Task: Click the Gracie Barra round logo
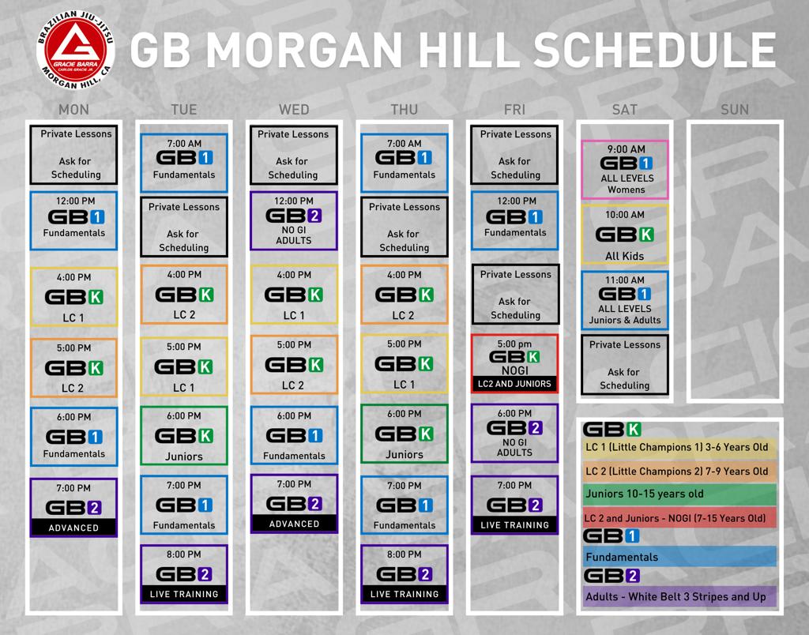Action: (x=75, y=51)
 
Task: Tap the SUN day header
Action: (x=735, y=109)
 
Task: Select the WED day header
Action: (x=294, y=109)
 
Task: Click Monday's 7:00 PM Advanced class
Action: (x=73, y=508)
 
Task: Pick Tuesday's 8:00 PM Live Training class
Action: (x=184, y=574)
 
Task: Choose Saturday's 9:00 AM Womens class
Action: (x=625, y=169)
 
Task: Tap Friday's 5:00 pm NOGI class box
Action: (x=514, y=363)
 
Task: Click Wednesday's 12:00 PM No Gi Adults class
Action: (x=294, y=221)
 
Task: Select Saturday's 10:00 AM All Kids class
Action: (x=625, y=235)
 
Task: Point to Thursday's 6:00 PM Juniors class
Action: (x=404, y=434)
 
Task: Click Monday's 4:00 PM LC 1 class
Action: (x=73, y=297)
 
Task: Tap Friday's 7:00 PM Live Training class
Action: (x=514, y=505)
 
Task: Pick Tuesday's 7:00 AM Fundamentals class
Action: (x=184, y=163)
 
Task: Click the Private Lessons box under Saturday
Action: (x=625, y=365)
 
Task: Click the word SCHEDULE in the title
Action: (x=655, y=50)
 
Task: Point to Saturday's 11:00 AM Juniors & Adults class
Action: (x=625, y=300)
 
